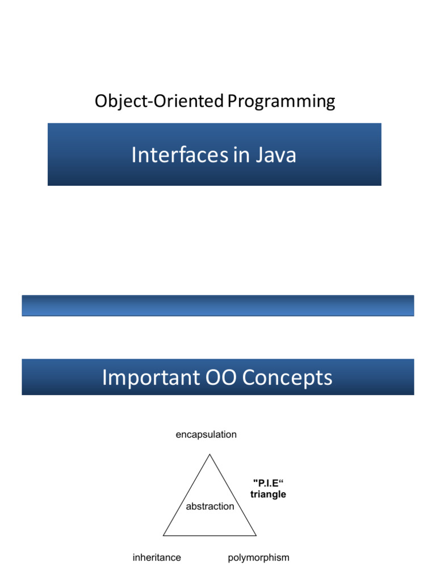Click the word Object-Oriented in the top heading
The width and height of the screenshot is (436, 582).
coord(159,102)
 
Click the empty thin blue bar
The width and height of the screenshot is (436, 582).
coord(218,305)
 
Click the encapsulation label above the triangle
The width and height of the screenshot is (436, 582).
coord(206,435)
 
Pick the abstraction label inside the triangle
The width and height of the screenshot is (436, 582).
coord(209,506)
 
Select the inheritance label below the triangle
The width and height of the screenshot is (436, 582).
coord(157,558)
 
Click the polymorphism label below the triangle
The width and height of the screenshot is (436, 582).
coord(258,558)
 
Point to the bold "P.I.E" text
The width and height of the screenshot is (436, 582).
coord(268,483)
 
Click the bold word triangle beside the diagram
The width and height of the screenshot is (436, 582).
coord(268,494)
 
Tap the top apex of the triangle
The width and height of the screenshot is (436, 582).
coord(210,454)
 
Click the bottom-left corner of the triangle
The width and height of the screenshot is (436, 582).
coord(163,535)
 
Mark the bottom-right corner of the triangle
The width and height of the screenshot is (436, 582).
coord(257,535)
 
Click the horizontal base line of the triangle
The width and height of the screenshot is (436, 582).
coord(210,535)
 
